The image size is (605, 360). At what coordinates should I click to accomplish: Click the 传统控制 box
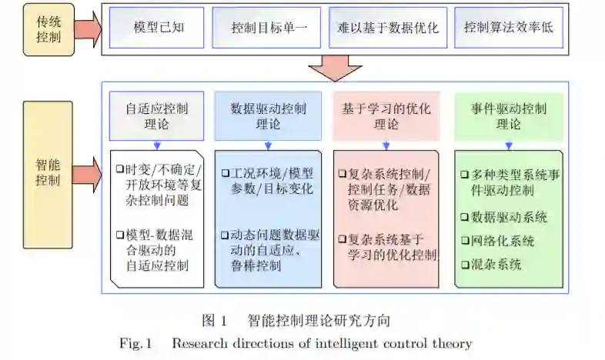pyautogui.click(x=48, y=29)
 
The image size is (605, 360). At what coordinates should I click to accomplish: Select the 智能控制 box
pyautogui.click(x=48, y=172)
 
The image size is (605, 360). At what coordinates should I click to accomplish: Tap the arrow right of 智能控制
pyautogui.click(x=89, y=172)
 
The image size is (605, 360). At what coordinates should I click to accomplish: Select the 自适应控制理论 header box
pyautogui.click(x=156, y=115)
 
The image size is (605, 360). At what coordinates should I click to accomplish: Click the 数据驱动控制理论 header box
pyautogui.click(x=268, y=115)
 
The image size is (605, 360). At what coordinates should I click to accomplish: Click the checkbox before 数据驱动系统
pyautogui.click(x=464, y=218)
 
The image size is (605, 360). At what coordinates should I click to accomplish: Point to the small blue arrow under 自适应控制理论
pyautogui.click(x=156, y=145)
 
